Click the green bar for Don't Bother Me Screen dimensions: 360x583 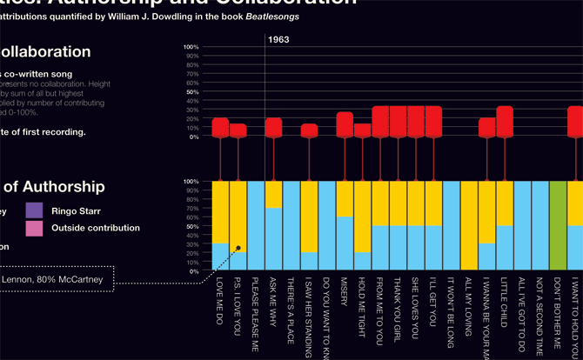(558, 226)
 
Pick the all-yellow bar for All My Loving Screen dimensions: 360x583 (469, 226)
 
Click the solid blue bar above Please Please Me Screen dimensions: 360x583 (255, 226)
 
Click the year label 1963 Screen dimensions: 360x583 (278, 40)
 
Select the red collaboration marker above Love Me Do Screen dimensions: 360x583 (220, 128)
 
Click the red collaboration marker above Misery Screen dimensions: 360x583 (345, 124)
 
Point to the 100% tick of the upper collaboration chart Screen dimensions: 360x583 (191, 46)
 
